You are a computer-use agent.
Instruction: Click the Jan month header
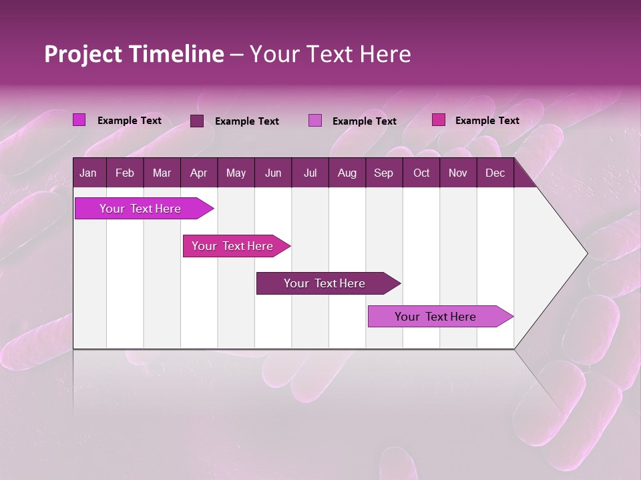coord(88,173)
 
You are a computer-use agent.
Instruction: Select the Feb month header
coord(125,173)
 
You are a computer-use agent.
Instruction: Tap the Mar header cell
coord(162,173)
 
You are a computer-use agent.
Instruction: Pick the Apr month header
coord(198,173)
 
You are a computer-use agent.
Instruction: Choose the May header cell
coord(236,173)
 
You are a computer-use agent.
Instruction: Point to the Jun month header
coord(273,173)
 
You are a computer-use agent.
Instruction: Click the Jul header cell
coord(310,173)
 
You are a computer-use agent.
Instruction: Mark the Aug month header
coord(347,173)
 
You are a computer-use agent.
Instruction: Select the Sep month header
coord(383,173)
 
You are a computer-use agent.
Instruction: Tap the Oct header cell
coord(421,173)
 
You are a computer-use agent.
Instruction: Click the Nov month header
coord(458,173)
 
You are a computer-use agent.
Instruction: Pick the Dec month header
coord(495,173)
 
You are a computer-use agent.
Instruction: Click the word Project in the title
coord(83,54)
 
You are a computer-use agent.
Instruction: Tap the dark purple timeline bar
coord(325,283)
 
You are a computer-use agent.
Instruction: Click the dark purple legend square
coord(197,121)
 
